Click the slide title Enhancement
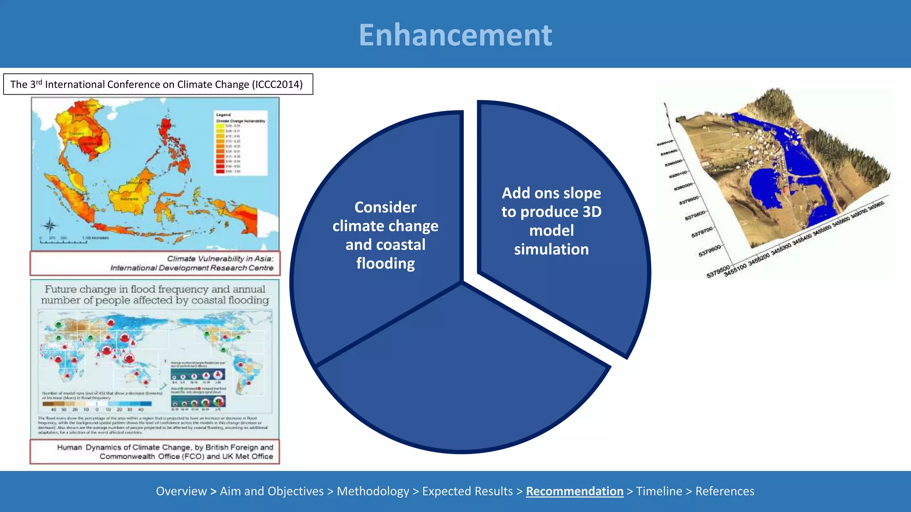point(455,35)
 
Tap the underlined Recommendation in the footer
point(574,491)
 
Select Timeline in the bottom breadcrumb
point(659,491)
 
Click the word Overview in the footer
point(181,491)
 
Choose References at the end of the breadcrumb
point(725,491)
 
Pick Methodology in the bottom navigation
point(373,491)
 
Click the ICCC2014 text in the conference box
point(277,84)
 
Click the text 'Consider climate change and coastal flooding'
point(385,235)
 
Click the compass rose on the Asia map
point(50,226)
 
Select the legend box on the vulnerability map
point(241,142)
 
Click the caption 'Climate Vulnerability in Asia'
point(220,259)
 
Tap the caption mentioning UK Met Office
point(165,452)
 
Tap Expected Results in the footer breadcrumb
point(467,491)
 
